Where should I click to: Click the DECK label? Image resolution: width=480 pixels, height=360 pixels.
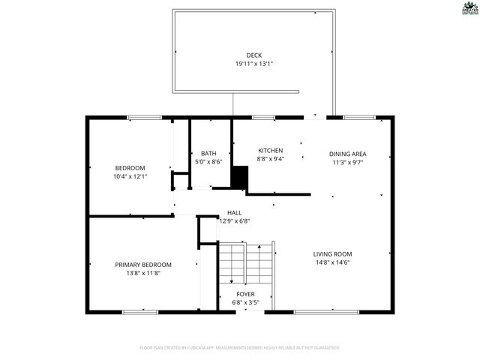pos(253,55)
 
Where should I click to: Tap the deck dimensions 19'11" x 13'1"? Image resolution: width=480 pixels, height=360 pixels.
pos(253,64)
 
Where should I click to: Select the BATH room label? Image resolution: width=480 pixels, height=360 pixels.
pos(208,153)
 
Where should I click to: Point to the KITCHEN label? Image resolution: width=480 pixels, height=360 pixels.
pos(270,150)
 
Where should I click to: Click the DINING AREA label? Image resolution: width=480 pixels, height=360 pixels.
pos(349,153)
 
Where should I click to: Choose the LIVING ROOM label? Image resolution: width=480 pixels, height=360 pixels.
pos(332,253)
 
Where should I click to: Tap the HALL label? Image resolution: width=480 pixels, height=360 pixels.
pos(234,213)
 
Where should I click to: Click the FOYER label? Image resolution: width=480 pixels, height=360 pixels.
pos(245,294)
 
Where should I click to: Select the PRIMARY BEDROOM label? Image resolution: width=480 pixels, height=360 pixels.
pos(143,264)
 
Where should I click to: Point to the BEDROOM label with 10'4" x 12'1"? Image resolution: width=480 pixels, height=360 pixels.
pos(130,167)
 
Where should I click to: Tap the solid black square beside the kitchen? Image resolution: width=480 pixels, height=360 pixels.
pos(239,178)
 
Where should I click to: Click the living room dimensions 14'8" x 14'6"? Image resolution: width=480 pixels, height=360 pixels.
pos(332,262)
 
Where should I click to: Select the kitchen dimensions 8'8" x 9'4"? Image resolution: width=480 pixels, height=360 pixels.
pos(270,159)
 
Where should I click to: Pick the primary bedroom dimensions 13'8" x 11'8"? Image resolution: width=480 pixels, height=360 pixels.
pos(143,273)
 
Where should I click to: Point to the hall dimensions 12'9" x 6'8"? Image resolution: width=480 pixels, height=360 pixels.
pos(234,221)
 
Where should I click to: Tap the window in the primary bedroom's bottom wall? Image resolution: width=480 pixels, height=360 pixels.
pos(139,311)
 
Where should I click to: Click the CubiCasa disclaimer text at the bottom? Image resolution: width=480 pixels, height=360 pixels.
pos(240,348)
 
